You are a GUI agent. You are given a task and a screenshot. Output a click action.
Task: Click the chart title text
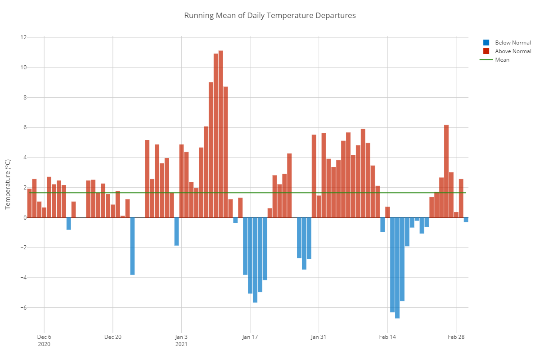tap(270, 15)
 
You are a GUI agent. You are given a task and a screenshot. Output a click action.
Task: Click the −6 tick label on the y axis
tap(22, 308)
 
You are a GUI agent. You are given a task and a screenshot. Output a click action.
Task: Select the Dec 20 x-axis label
tap(112, 337)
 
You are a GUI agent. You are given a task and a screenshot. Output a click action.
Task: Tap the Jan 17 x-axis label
tap(250, 337)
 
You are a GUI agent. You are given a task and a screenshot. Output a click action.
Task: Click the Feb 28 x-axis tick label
tap(456, 337)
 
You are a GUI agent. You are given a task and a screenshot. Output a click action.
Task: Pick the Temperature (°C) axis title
tap(8, 184)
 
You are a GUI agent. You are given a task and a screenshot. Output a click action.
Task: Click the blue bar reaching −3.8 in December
tap(132, 246)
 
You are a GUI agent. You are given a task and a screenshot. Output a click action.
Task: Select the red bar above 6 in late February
tap(446, 171)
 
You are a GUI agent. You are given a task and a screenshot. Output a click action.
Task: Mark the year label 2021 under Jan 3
tap(181, 344)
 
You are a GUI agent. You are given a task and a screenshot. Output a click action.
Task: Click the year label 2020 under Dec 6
tap(44, 344)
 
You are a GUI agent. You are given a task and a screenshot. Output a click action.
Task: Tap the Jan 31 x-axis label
tap(319, 337)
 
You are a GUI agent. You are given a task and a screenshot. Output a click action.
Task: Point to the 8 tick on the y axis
tap(23, 98)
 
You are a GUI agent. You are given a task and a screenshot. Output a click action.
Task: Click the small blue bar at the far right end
tap(466, 220)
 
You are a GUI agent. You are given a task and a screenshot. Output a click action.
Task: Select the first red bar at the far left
tap(29, 203)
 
